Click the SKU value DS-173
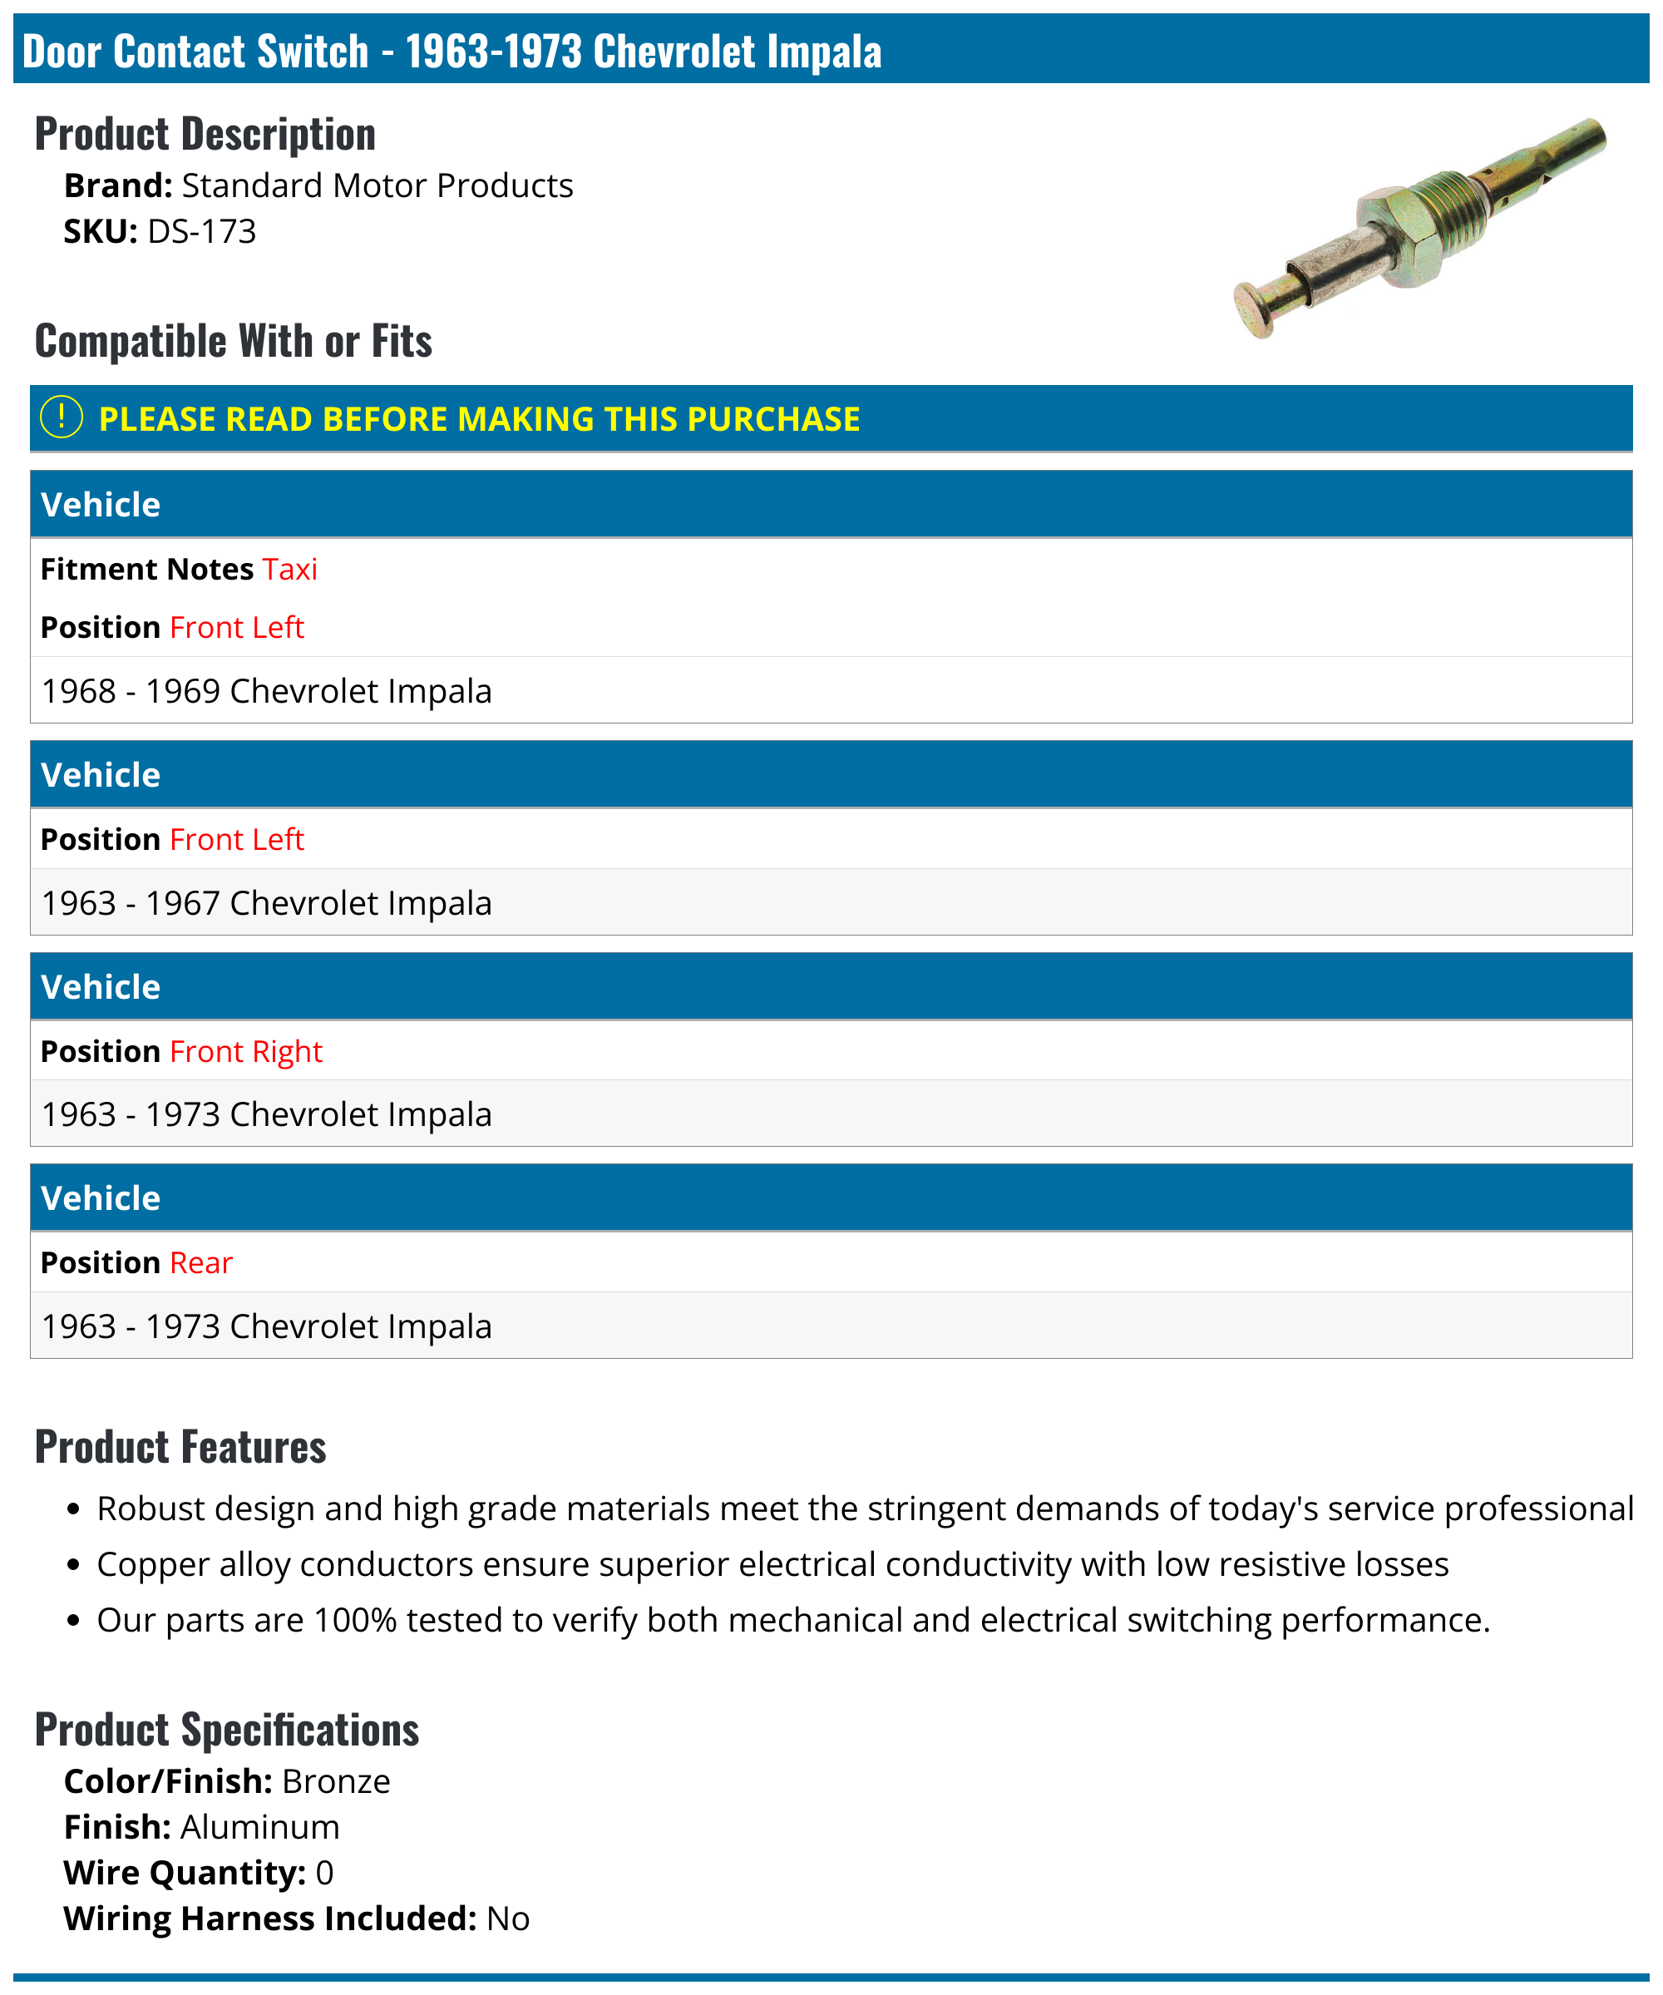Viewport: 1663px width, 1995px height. click(x=201, y=232)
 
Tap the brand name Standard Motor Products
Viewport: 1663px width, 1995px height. click(x=377, y=186)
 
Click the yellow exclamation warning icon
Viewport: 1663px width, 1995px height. click(x=62, y=418)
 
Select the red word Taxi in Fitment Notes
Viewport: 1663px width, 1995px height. click(x=289, y=569)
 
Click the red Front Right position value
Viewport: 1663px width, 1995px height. click(x=246, y=1052)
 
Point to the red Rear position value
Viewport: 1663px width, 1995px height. click(x=200, y=1262)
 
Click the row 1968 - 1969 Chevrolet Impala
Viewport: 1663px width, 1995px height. click(x=267, y=692)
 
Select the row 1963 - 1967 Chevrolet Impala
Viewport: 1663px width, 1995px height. click(x=267, y=903)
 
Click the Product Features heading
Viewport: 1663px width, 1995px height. click(x=180, y=1447)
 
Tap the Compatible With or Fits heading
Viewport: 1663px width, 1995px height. click(x=234, y=341)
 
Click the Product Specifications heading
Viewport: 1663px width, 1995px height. click(x=227, y=1730)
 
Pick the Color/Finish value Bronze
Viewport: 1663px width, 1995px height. click(x=335, y=1781)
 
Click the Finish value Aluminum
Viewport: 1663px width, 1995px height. click(x=259, y=1827)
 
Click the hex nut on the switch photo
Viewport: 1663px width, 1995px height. click(x=1396, y=235)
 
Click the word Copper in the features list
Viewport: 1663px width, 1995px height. click(x=153, y=1565)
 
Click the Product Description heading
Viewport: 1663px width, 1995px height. click(x=205, y=134)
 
